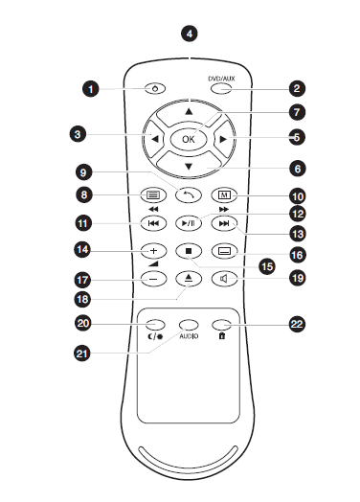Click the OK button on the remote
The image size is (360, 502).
coord(189,139)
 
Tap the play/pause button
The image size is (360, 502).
coord(189,223)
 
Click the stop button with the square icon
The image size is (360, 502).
coord(189,251)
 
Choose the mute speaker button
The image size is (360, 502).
coord(225,279)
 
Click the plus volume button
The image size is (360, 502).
coord(153,251)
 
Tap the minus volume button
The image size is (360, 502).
coord(153,279)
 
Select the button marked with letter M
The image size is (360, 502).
coord(225,195)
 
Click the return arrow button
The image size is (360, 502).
coord(189,195)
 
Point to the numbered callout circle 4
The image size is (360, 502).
coord(190,34)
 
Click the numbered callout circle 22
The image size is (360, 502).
coord(297,324)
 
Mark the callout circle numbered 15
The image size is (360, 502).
coord(267,266)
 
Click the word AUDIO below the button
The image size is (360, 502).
coord(189,336)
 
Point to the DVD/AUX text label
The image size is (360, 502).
coord(221,79)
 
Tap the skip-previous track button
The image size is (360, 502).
coord(153,223)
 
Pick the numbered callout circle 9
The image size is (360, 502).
coord(83,172)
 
